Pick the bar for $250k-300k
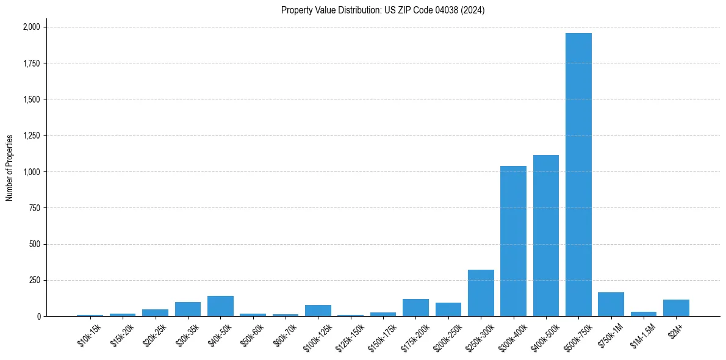[x=481, y=293]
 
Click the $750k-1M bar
[x=611, y=304]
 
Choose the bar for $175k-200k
[x=415, y=308]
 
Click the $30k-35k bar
[x=188, y=309]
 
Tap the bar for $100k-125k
[x=318, y=311]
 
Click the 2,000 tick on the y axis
[x=31, y=27]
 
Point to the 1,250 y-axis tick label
[x=31, y=135]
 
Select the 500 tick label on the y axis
[x=35, y=244]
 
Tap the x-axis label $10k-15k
[x=90, y=334]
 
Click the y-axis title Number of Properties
[x=9, y=168]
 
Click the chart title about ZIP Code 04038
[x=383, y=10]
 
